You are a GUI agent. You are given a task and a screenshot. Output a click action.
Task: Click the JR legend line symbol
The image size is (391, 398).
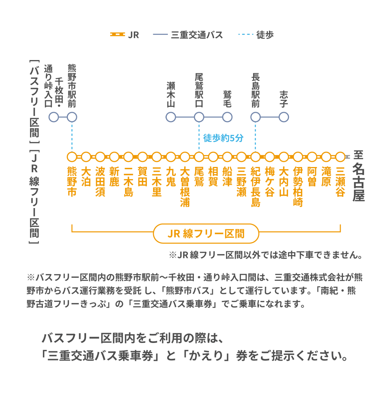[x=117, y=35]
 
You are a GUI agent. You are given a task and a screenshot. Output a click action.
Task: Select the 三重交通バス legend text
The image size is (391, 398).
[x=197, y=35]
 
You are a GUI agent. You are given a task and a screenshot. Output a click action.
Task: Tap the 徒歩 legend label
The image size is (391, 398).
[x=265, y=35]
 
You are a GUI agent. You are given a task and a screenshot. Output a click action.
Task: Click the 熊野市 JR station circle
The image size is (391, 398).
[x=72, y=157]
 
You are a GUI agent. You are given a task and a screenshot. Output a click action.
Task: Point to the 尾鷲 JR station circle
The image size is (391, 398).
[x=199, y=157]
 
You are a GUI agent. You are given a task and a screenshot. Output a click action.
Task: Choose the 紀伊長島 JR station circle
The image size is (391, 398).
[x=255, y=157]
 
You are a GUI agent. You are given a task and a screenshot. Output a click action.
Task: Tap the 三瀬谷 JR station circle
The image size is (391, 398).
[x=340, y=157]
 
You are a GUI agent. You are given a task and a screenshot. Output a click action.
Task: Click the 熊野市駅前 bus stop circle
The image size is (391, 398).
[x=72, y=117]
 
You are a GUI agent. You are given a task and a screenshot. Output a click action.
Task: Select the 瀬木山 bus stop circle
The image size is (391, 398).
[x=171, y=117]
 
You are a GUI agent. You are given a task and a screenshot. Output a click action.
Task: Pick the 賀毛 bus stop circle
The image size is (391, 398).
[x=227, y=117]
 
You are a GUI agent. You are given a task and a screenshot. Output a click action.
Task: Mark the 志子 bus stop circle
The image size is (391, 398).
[x=284, y=117]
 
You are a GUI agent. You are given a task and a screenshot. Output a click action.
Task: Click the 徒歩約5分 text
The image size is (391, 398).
[x=223, y=138]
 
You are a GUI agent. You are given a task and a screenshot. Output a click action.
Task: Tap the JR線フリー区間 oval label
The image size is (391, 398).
[x=206, y=233]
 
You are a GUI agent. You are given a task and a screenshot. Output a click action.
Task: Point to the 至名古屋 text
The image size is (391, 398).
[x=358, y=176]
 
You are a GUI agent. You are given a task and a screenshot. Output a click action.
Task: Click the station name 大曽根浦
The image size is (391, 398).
[x=185, y=187]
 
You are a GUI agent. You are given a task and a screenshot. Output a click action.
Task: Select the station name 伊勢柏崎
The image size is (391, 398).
[x=298, y=187]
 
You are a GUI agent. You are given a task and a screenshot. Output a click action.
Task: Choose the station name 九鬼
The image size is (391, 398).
[x=171, y=177]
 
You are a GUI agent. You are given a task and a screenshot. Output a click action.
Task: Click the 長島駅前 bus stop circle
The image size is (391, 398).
[x=255, y=117]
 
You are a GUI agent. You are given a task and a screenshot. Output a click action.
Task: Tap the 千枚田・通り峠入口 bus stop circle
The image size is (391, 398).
[x=54, y=117]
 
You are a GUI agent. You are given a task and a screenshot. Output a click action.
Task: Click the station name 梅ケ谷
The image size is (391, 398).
[x=270, y=182]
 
